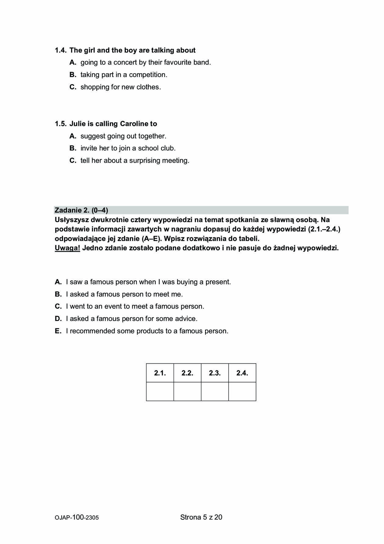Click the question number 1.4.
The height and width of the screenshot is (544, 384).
[60, 50]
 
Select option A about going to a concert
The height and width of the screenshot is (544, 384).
[145, 63]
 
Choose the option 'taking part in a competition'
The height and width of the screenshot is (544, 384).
[123, 75]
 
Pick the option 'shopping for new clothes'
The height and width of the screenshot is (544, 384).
[120, 87]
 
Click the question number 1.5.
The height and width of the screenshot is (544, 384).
[60, 124]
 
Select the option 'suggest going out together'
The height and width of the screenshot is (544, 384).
[123, 136]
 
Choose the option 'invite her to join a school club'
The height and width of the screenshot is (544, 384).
[128, 148]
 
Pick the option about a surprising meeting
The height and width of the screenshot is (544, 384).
[135, 160]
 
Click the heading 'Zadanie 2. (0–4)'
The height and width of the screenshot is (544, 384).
[81, 210]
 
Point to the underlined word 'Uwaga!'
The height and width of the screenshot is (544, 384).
[67, 248]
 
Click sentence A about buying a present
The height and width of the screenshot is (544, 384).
[148, 282]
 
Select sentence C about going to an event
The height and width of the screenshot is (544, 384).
[135, 306]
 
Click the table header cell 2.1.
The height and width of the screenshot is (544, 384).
[160, 373]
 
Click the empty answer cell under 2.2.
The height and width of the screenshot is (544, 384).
[187, 391]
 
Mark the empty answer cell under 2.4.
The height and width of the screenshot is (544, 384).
[242, 391]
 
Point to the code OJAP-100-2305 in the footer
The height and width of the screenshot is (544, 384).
[77, 517]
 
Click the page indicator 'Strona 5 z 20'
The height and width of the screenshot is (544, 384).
[201, 517]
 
